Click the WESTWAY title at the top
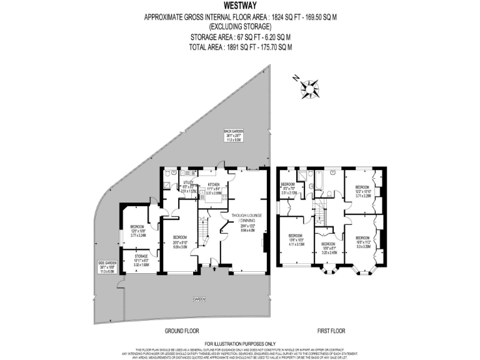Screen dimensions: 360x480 [x=240, y=7]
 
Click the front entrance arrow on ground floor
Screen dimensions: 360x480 [x=214, y=269]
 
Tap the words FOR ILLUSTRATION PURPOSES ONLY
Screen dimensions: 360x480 [x=240, y=344]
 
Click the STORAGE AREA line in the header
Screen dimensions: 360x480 [x=240, y=37]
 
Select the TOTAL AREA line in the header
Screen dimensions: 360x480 [x=240, y=47]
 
